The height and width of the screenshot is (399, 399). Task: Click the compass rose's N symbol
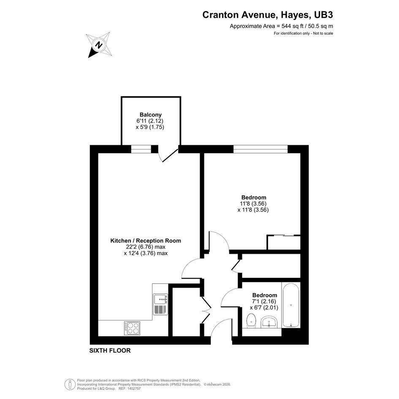98,45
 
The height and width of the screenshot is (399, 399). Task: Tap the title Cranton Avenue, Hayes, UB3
267,15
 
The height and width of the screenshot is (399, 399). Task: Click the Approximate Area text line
282,26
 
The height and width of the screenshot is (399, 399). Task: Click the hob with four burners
132,328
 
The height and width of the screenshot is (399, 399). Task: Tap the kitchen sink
160,304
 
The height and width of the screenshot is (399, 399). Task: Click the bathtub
291,305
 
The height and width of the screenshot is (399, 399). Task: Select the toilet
251,320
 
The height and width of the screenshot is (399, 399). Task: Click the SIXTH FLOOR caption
110,350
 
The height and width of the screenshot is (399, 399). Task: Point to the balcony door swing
168,156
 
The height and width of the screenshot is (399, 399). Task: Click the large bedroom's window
261,149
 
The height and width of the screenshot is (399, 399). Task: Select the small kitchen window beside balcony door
141,149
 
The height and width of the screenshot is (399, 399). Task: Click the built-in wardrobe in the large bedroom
284,242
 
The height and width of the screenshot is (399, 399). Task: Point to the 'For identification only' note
303,33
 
